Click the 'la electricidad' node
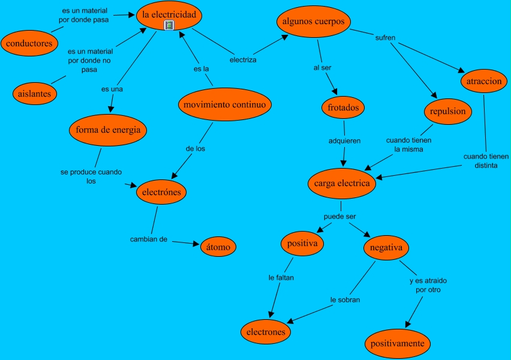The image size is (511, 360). (169, 16)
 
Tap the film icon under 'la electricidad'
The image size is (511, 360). (169, 25)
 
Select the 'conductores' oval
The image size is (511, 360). (29, 43)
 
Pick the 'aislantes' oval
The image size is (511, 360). (35, 94)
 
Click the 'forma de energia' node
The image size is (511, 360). (108, 130)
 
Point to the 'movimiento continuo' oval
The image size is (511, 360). (225, 104)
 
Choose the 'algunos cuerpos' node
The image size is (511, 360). (314, 22)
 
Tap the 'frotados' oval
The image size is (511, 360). (343, 107)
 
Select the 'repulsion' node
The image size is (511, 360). (448, 112)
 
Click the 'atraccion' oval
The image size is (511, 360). (484, 81)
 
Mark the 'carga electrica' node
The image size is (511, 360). (342, 184)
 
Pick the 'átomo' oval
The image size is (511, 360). (218, 247)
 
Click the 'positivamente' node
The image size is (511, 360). (397, 344)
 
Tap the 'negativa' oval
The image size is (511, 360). (386, 248)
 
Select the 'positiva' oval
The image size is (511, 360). (302, 244)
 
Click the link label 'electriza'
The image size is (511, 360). (243, 60)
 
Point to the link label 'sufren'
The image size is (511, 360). (385, 38)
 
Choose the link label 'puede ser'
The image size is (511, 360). (340, 217)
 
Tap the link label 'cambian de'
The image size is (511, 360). (149, 239)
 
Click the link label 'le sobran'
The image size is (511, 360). (345, 300)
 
